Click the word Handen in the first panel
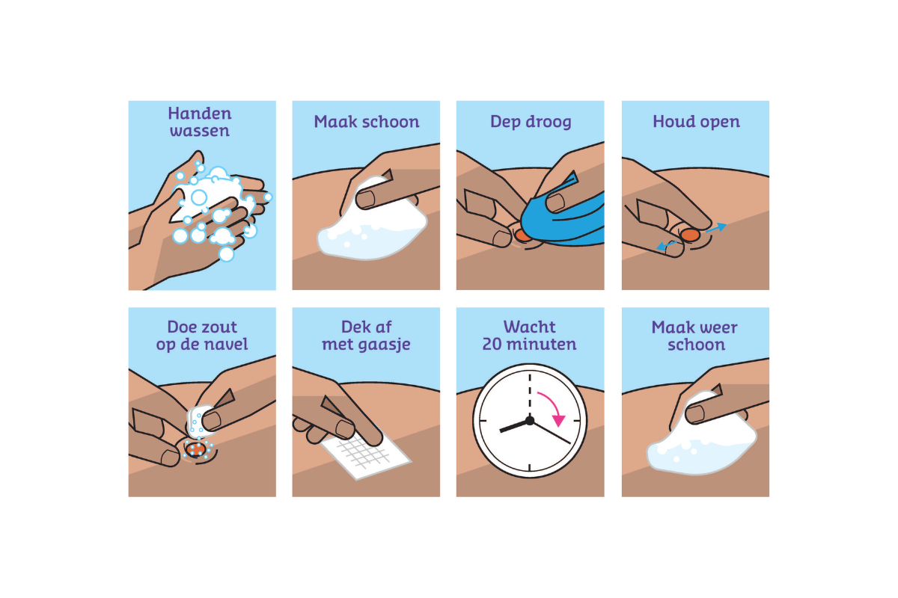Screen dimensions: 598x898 (200, 114)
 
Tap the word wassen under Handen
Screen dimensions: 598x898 (200, 131)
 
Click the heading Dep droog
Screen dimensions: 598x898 (530, 122)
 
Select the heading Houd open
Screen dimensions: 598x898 (696, 122)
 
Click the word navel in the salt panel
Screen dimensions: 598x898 (229, 345)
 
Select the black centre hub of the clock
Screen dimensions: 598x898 (530, 421)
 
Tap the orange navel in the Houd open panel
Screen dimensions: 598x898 (689, 235)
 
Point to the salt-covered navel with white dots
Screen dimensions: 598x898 (196, 449)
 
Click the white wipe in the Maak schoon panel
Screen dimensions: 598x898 (359, 232)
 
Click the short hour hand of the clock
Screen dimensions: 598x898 (515, 426)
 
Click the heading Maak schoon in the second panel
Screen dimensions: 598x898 (366, 122)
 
